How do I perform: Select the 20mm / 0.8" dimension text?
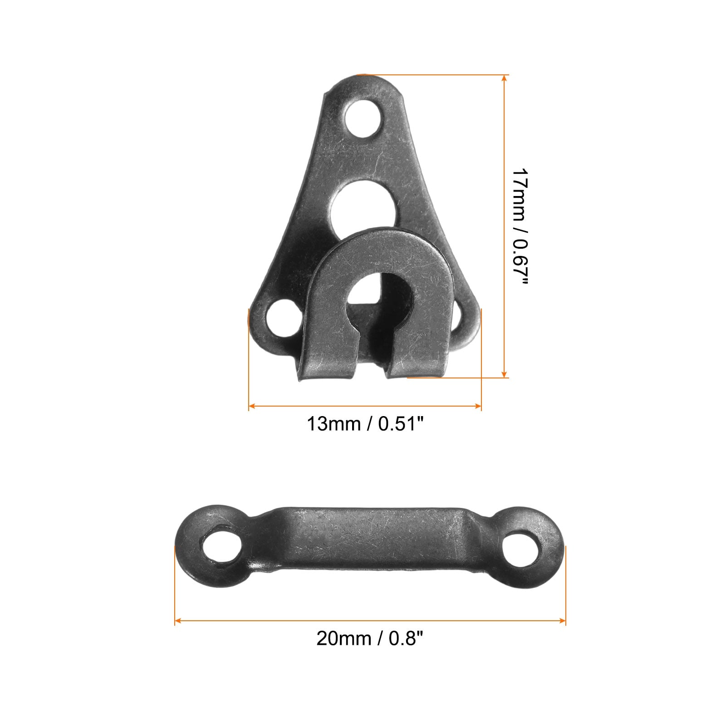pyautogui.click(x=370, y=639)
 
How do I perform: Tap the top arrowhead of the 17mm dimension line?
pyautogui.click(x=504, y=79)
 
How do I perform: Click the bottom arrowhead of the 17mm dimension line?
pyautogui.click(x=504, y=373)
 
